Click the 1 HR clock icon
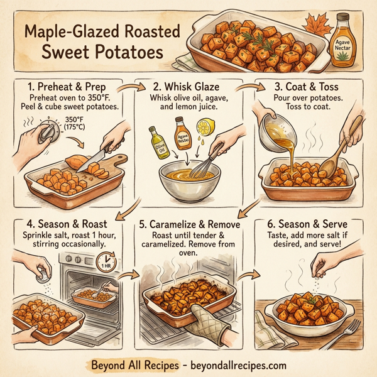[108, 261]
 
